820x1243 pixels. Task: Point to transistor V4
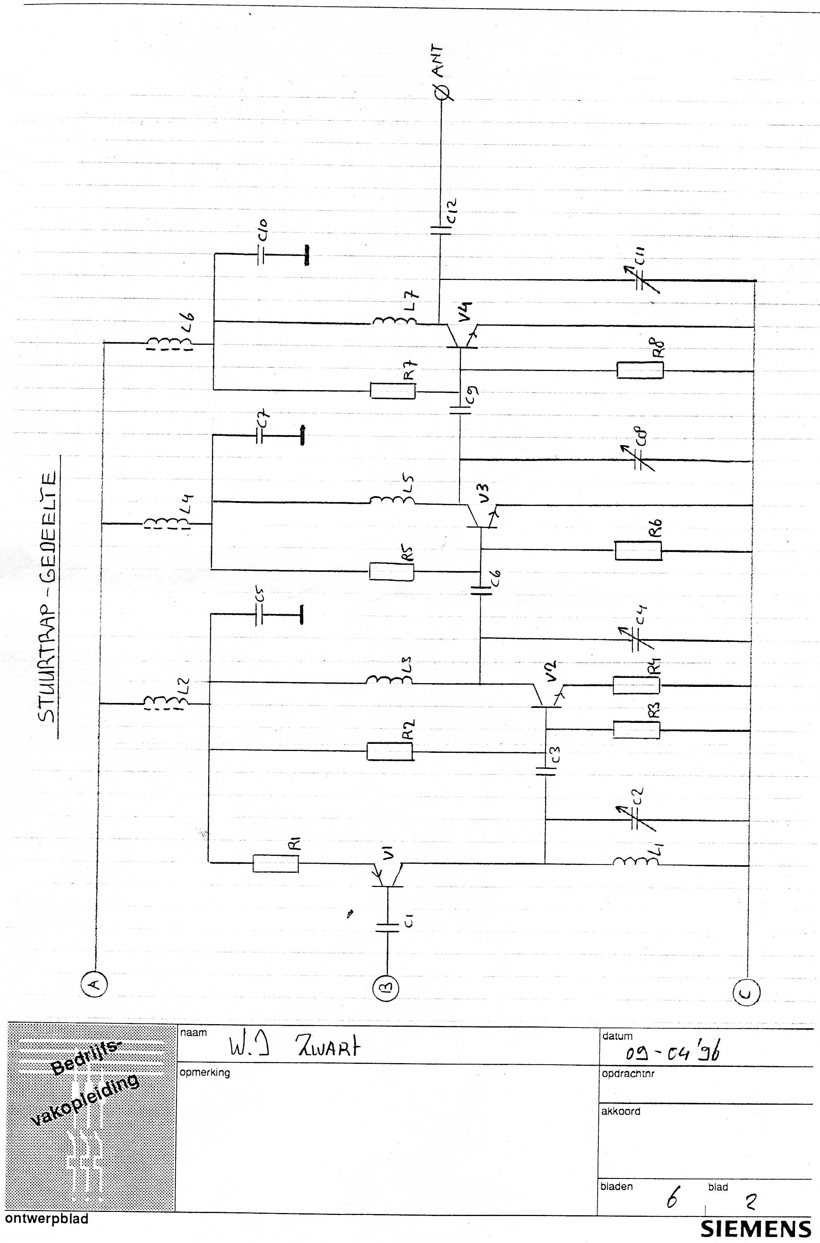coord(462,335)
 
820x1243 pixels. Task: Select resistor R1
coord(276,863)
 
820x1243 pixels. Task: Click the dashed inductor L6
coord(169,343)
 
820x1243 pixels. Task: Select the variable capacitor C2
coord(638,821)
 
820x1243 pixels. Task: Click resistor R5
coord(392,570)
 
